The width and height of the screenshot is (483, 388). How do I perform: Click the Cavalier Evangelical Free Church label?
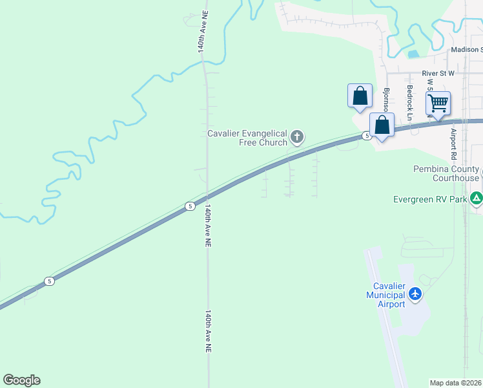248,138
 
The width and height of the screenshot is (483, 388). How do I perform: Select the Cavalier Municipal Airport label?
385,295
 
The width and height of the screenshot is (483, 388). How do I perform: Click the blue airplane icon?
415,294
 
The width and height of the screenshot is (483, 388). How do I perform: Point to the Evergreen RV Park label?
429,200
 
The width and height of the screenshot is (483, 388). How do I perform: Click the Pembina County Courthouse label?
446,173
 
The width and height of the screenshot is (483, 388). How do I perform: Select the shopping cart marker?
438,103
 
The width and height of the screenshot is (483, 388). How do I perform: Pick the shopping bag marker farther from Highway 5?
360,96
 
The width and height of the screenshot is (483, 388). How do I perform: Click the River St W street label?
438,74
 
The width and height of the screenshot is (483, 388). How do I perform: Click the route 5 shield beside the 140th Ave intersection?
189,206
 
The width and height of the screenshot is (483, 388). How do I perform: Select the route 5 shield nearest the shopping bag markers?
366,136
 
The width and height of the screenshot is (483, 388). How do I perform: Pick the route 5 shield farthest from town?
49,281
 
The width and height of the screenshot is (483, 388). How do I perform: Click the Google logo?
21,380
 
